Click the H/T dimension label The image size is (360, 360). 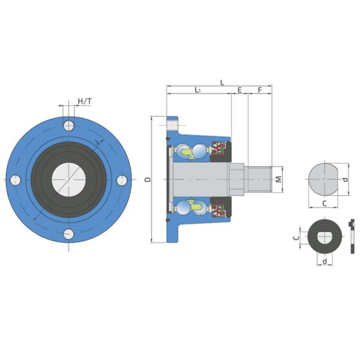point(85,101)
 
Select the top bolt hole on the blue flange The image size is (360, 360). point(70,125)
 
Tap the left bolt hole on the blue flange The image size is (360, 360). point(16,179)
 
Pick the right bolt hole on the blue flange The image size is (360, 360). point(122,179)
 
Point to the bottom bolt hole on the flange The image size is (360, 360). point(70,233)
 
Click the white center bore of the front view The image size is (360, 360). point(69,179)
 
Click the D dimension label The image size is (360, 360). point(148,179)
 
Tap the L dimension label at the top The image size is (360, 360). point(222,82)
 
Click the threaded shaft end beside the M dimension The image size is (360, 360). point(260,179)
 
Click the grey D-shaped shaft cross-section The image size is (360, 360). point(324,179)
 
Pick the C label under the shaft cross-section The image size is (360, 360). point(324,203)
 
